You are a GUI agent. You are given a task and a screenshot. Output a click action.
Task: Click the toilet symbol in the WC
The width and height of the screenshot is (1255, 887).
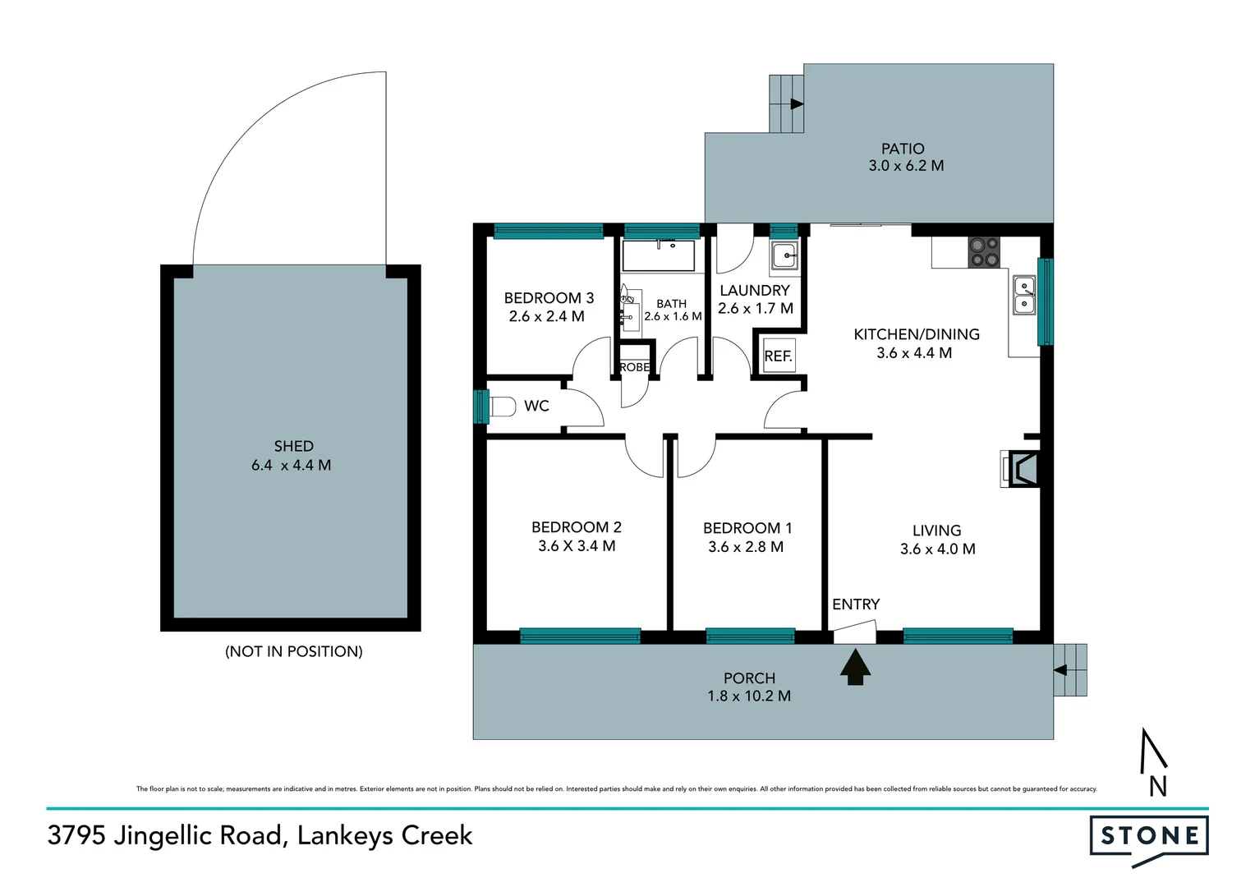click(x=502, y=406)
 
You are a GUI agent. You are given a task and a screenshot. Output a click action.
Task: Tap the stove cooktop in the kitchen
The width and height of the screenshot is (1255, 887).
click(x=984, y=252)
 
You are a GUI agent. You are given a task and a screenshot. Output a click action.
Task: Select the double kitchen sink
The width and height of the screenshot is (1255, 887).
click(x=1024, y=296)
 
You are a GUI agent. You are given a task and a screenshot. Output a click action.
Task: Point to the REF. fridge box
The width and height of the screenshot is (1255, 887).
click(x=778, y=356)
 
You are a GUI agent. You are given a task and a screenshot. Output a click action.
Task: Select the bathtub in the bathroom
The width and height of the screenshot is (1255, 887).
click(x=659, y=255)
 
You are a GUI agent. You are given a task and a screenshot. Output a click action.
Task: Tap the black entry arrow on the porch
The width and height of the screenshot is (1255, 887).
click(x=855, y=667)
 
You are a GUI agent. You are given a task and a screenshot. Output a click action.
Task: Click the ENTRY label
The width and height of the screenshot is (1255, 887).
click(x=855, y=604)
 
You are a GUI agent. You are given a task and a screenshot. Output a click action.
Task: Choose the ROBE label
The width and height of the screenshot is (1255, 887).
click(x=634, y=367)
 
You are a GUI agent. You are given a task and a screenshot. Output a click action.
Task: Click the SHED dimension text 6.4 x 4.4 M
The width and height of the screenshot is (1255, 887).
click(x=291, y=465)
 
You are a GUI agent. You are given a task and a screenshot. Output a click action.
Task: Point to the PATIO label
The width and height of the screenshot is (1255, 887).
click(x=903, y=149)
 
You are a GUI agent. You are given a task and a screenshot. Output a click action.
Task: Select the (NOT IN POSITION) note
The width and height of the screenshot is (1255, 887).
click(x=293, y=651)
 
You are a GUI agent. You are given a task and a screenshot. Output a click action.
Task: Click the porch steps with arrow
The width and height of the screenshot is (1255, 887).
click(x=1070, y=670)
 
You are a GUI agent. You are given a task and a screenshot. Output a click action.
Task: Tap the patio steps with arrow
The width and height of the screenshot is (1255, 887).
click(x=786, y=103)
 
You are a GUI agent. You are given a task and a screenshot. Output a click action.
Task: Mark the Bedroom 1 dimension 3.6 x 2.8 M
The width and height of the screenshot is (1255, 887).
click(x=746, y=547)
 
